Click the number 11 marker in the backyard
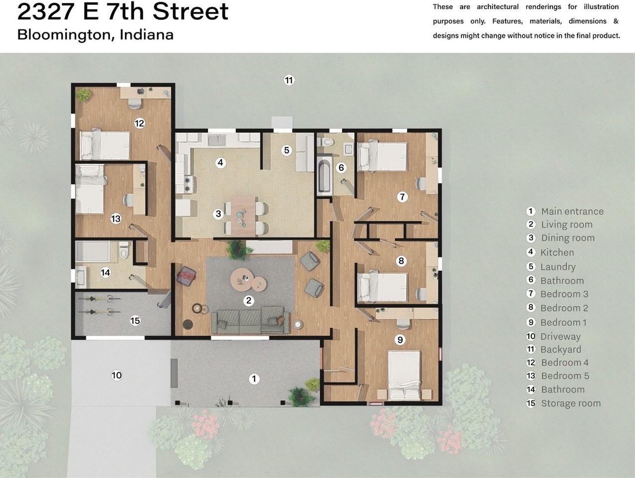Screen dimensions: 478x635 click(289, 80)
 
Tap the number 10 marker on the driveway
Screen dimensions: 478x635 click(116, 375)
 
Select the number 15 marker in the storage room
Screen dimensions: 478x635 click(135, 320)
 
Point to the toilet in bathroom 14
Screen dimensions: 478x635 click(124, 250)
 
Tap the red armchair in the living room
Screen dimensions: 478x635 click(187, 276)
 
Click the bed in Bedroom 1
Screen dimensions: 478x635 click(405, 374)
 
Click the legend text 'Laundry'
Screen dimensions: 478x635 click(558, 267)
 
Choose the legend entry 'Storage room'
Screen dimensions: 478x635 click(570, 403)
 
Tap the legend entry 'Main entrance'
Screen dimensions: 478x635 click(572, 211)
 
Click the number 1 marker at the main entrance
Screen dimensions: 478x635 click(254, 379)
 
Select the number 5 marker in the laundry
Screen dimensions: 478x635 click(286, 150)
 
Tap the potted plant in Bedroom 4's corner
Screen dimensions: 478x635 click(83, 94)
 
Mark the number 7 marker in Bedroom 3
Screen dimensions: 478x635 click(402, 197)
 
